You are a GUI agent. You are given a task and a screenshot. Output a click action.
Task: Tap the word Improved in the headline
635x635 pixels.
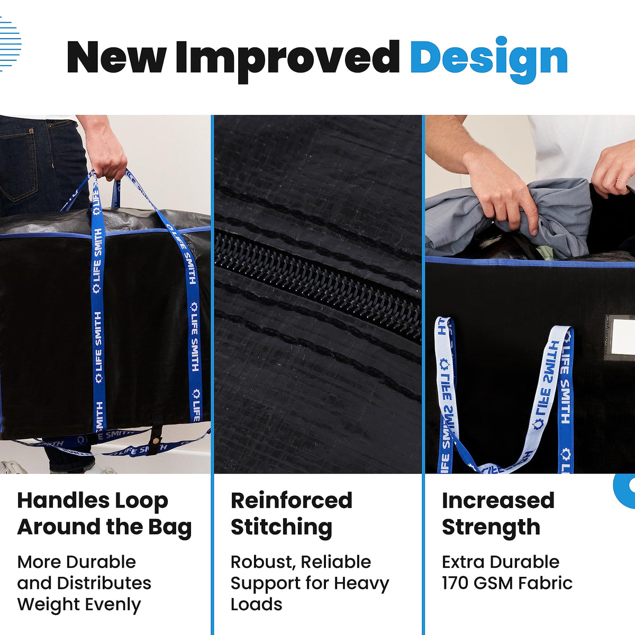click(287, 61)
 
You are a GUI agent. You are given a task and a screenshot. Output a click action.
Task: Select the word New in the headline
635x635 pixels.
click(116, 57)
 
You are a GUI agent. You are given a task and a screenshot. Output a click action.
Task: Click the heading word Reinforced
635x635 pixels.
click(291, 501)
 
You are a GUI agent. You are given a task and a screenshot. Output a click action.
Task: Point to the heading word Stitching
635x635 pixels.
click(282, 527)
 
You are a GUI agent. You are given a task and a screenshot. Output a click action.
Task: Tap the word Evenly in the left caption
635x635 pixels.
click(113, 605)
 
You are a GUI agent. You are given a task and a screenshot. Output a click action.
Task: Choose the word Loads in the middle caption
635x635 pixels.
click(256, 604)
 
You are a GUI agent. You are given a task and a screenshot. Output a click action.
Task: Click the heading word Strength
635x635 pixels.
click(491, 527)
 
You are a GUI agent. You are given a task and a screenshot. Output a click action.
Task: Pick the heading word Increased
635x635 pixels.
click(498, 501)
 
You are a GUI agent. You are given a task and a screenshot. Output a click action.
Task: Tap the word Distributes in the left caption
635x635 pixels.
click(104, 583)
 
